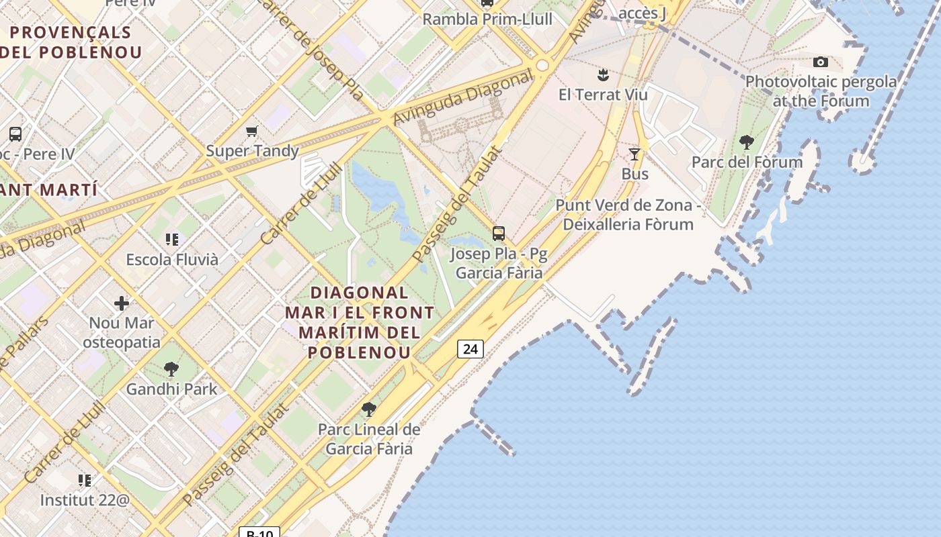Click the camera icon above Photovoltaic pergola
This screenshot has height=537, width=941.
[x=820, y=62]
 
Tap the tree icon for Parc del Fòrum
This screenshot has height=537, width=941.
[x=746, y=142]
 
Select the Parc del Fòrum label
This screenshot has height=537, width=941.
[x=747, y=162]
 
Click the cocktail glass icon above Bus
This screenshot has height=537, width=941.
[x=634, y=154]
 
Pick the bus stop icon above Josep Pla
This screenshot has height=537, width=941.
[x=498, y=234]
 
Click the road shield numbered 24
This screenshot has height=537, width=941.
[x=470, y=349]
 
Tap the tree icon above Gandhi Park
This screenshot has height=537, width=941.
[x=171, y=369]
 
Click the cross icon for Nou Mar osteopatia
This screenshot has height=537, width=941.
[x=122, y=303]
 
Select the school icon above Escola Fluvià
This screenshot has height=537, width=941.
[x=171, y=240]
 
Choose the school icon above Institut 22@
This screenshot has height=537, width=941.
[x=85, y=481]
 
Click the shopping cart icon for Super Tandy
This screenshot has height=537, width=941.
[x=252, y=132]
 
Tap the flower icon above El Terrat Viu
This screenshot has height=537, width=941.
[x=603, y=75]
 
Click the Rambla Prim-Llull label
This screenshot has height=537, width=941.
[x=487, y=19]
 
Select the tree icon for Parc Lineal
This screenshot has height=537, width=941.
[x=368, y=409]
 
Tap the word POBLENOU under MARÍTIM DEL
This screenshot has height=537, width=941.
[x=359, y=352]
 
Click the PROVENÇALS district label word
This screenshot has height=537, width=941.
[x=71, y=32]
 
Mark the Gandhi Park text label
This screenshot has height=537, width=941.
[x=171, y=389]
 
